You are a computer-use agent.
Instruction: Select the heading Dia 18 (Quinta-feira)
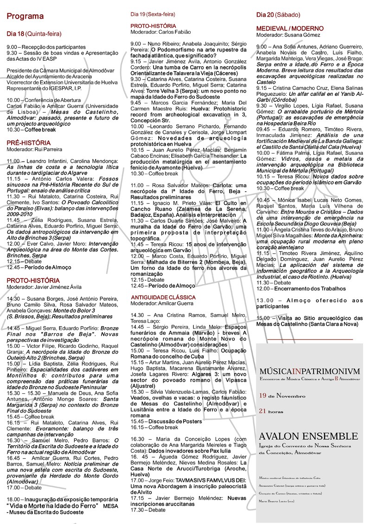pos(34,34)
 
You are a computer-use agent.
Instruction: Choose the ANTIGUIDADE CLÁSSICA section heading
pos(163,297)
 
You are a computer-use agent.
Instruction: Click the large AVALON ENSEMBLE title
pos(305,436)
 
